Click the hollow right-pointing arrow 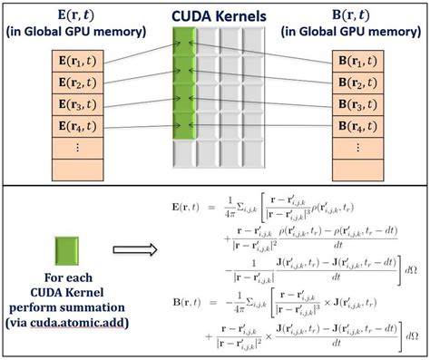tap(133, 249)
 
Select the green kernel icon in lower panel tap(64, 250)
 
